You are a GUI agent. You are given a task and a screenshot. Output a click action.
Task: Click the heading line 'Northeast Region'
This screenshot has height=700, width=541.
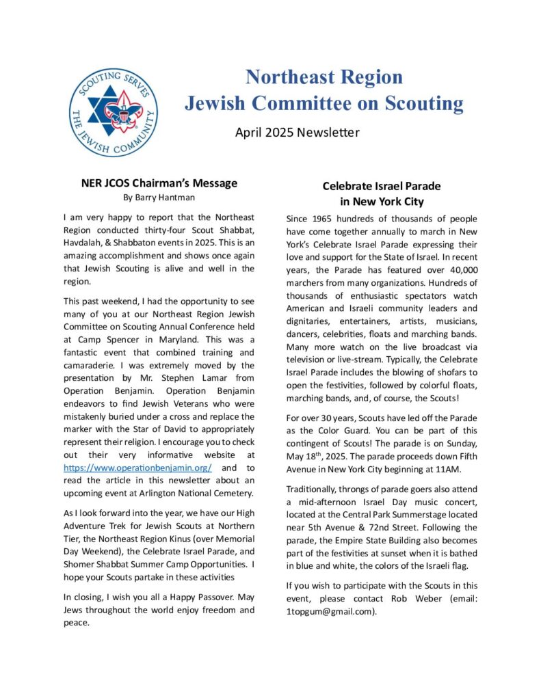(324, 76)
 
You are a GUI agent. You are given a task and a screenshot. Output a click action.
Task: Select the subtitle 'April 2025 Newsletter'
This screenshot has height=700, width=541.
(297, 133)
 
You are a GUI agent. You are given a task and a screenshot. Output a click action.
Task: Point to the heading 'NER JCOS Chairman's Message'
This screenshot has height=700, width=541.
(159, 183)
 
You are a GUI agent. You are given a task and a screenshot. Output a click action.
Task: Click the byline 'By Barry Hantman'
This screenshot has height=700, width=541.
(159, 198)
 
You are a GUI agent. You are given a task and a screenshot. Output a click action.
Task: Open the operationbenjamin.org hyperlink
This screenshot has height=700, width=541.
(137, 468)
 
